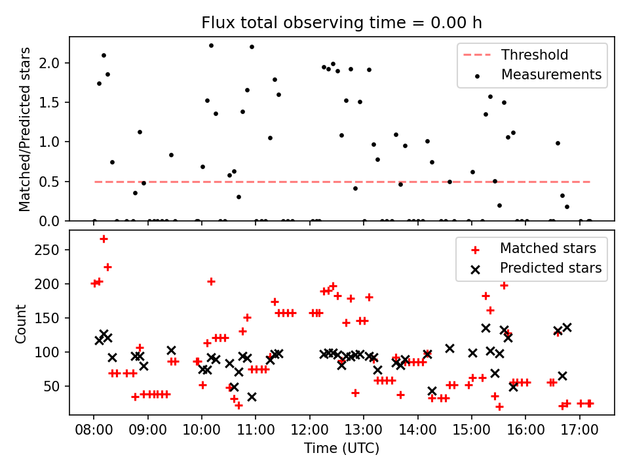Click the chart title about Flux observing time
[x=341, y=23]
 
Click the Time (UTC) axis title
[x=341, y=449]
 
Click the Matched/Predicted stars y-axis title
[x=26, y=129]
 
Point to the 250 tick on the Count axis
[x=54, y=250]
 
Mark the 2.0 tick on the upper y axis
[x=56, y=63]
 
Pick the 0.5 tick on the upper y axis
[x=56, y=182]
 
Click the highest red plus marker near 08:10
[x=104, y=239]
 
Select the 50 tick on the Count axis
[x=57, y=386]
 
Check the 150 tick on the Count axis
[x=54, y=318]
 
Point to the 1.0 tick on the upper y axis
[x=56, y=142]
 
